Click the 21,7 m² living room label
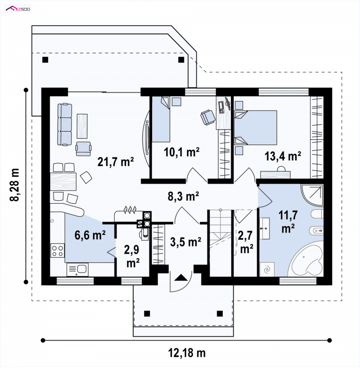pyautogui.click(x=116, y=162)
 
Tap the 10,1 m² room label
pyautogui.click(x=182, y=152)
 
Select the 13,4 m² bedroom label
pyautogui.click(x=283, y=156)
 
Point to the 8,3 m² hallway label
pyautogui.click(x=184, y=196)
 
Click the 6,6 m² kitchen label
pyautogui.click(x=90, y=235)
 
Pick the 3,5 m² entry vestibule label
pyautogui.click(x=185, y=242)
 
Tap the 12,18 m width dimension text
pyautogui.click(x=187, y=353)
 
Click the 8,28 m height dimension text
pyautogui.click(x=14, y=185)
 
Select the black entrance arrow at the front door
pyautogui.click(x=181, y=278)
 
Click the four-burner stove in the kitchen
pyautogui.click(x=58, y=251)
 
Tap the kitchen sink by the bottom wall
pyautogui.click(x=77, y=269)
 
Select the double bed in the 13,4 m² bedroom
pyautogui.click(x=256, y=128)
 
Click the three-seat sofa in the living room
pyautogui.click(x=65, y=124)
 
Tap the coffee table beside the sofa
pyautogui.click(x=82, y=126)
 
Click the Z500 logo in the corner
pyautogui.click(x=18, y=9)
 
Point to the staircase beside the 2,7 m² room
pyautogui.click(x=220, y=242)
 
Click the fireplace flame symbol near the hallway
pyautogui.click(x=130, y=210)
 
